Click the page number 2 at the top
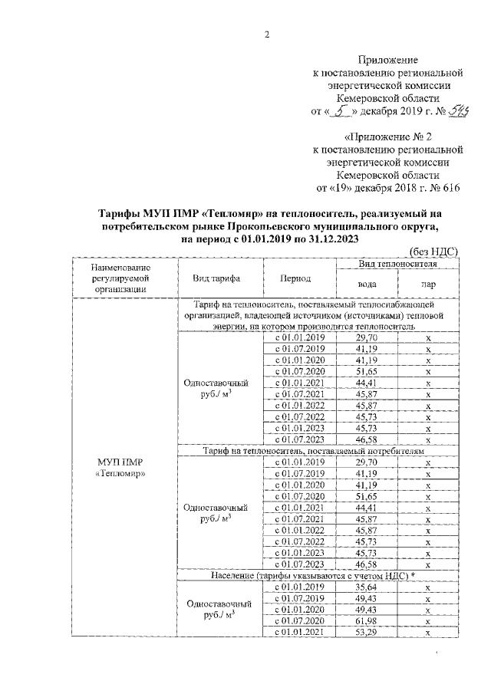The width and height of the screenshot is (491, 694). tap(267, 35)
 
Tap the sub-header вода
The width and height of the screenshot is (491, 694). tap(367, 284)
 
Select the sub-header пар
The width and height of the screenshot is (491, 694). tap(428, 284)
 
